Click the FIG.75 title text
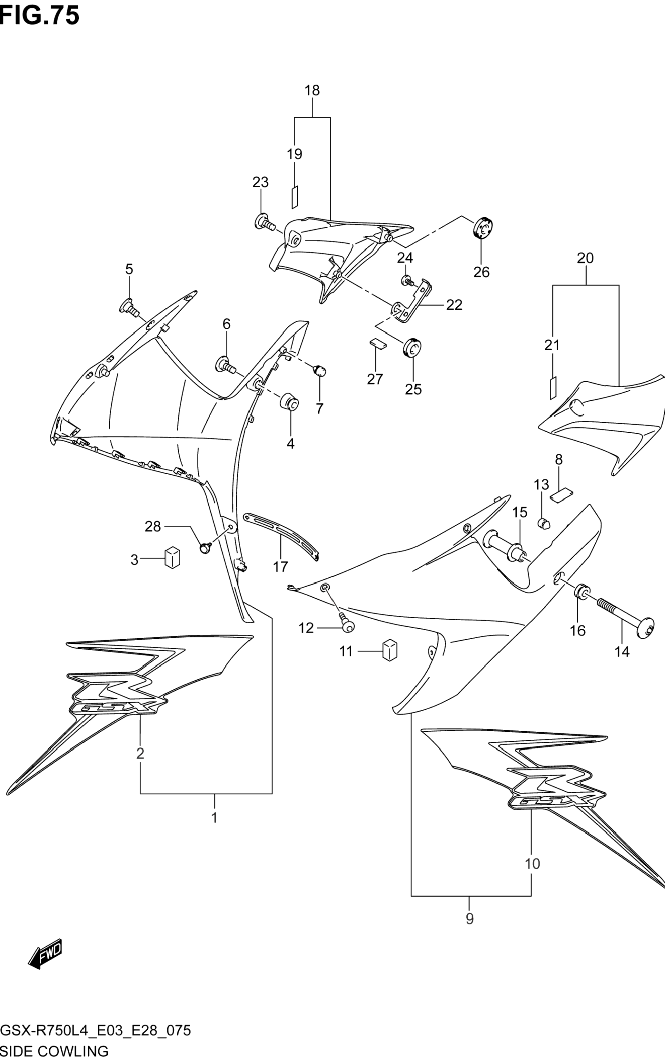point(40,15)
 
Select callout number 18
point(312,90)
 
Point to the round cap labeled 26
point(482,228)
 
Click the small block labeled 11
point(390,650)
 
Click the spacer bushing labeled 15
point(508,546)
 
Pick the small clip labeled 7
point(320,370)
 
